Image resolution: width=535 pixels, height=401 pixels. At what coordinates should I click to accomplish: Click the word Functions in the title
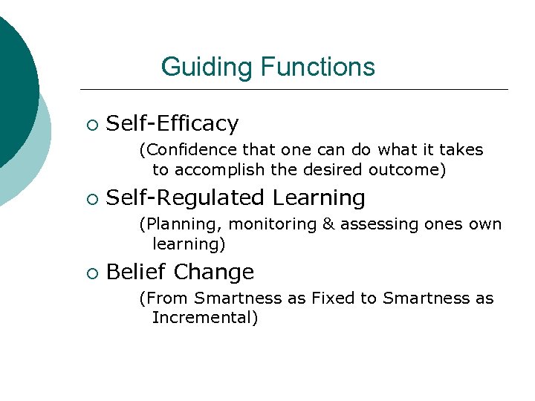coord(317,68)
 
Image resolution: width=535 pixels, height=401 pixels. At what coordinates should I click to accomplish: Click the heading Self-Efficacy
coord(172,123)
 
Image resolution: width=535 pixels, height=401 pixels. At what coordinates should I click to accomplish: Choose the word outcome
coord(410,170)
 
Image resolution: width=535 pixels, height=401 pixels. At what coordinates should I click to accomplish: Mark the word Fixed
coord(332,299)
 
